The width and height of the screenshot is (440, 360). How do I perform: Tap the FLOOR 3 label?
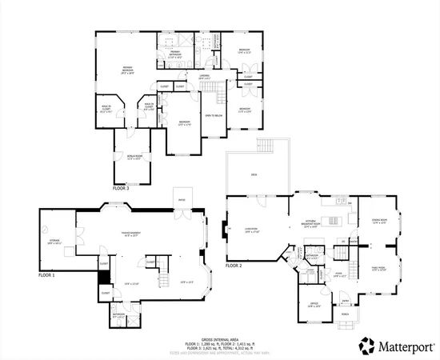pyautogui.click(x=121, y=188)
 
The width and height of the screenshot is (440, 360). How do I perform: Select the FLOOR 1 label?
pyautogui.click(x=47, y=274)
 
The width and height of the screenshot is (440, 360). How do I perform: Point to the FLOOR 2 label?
pyautogui.click(x=234, y=265)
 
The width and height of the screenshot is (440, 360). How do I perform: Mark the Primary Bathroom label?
pyautogui.click(x=176, y=55)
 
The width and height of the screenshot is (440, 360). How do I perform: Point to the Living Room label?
pyautogui.click(x=250, y=230)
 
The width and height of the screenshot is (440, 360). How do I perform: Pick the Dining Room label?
pyautogui.click(x=379, y=222)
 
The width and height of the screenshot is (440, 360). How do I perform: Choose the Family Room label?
pyautogui.click(x=379, y=269)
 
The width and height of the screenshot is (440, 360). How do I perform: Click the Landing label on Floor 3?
pyautogui.click(x=205, y=78)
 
